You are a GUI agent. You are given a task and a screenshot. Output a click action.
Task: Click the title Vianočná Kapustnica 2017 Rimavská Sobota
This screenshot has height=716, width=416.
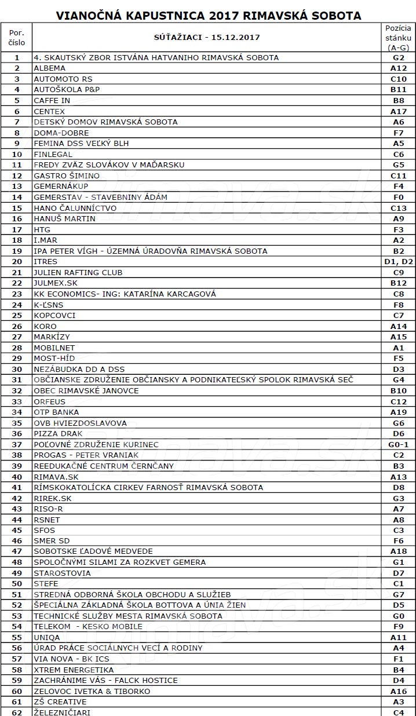pyautogui.click(x=208, y=16)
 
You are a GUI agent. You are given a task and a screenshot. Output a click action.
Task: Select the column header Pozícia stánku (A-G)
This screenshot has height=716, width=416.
pyautogui.click(x=398, y=38)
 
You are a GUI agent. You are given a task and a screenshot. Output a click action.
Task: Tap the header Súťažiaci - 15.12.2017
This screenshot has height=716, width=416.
pyautogui.click(x=207, y=38)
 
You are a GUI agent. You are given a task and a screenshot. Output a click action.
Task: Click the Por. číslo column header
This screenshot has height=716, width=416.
pyautogui.click(x=17, y=38)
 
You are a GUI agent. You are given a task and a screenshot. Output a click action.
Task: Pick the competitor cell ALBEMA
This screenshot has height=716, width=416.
pyautogui.click(x=50, y=68)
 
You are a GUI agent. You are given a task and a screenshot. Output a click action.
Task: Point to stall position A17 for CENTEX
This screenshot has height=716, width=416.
pyautogui.click(x=398, y=111)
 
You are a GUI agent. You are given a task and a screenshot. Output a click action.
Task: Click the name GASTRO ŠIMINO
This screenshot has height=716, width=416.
pyautogui.click(x=67, y=176)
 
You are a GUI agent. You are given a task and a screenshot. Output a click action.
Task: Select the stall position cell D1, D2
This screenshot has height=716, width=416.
pyautogui.click(x=398, y=261)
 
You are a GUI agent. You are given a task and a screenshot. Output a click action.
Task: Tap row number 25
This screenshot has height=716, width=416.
pyautogui.click(x=17, y=315)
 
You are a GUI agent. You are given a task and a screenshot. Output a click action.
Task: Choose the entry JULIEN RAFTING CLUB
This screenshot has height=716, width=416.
pyautogui.click(x=78, y=272)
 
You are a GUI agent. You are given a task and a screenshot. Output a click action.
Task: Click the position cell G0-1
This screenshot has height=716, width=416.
pyautogui.click(x=398, y=444)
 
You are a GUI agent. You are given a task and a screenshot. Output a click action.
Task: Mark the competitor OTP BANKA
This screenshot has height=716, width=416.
pyautogui.click(x=56, y=412)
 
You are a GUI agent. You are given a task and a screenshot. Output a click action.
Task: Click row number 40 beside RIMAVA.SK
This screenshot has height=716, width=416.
pyautogui.click(x=17, y=476)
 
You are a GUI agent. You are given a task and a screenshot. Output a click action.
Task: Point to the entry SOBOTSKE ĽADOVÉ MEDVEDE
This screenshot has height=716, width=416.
pyautogui.click(x=93, y=551)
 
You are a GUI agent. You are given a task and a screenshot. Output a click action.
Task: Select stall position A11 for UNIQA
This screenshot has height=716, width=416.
pyautogui.click(x=398, y=637)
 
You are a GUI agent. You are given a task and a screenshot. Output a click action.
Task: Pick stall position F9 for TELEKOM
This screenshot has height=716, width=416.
pyautogui.click(x=398, y=626)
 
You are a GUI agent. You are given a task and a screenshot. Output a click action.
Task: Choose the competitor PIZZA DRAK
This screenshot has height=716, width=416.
pyautogui.click(x=58, y=433)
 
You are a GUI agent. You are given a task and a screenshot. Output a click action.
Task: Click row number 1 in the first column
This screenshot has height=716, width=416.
pyautogui.click(x=17, y=58)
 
